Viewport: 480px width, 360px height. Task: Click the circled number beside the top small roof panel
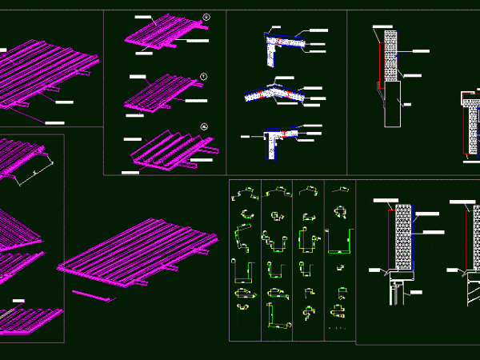click(206, 17)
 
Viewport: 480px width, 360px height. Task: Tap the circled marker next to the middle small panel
click(204, 76)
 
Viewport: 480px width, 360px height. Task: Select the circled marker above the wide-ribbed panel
click(205, 126)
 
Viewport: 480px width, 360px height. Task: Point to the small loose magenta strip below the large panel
click(93, 296)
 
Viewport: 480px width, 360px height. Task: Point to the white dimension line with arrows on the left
click(37, 170)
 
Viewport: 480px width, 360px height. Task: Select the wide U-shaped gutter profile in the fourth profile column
click(342, 240)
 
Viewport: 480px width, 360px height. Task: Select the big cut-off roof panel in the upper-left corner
click(44, 72)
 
